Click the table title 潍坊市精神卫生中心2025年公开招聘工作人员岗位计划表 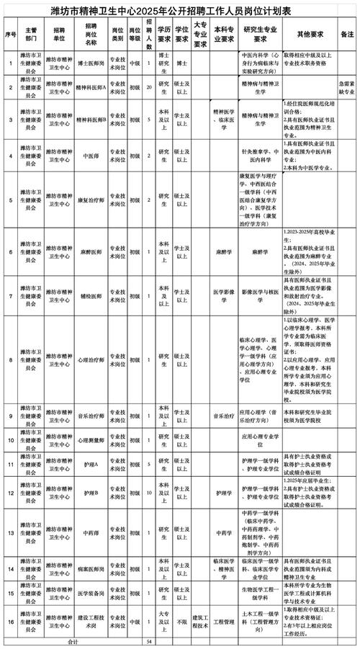click(x=179, y=11)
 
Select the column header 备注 click(x=347, y=34)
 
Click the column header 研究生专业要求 click(x=260, y=34)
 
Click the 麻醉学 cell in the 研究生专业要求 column click(x=260, y=253)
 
